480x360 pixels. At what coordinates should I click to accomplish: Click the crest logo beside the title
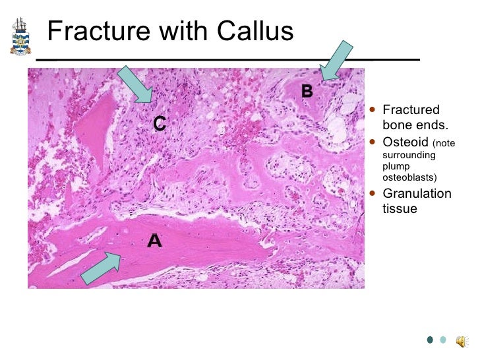20,37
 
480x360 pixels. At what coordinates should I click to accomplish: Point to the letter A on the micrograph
154,242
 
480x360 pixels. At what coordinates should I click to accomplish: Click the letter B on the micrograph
307,92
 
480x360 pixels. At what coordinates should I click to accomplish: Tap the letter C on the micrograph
160,123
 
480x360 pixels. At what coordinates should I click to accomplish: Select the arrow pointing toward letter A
101,267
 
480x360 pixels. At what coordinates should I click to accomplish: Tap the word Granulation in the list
417,194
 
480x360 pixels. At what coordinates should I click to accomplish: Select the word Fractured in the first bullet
411,110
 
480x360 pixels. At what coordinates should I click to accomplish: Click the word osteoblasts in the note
409,177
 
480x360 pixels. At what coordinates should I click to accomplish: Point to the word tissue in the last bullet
400,209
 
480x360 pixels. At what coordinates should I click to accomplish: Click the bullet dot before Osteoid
374,142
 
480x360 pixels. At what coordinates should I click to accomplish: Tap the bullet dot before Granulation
374,194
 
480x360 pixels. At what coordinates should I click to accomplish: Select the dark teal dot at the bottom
430,340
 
